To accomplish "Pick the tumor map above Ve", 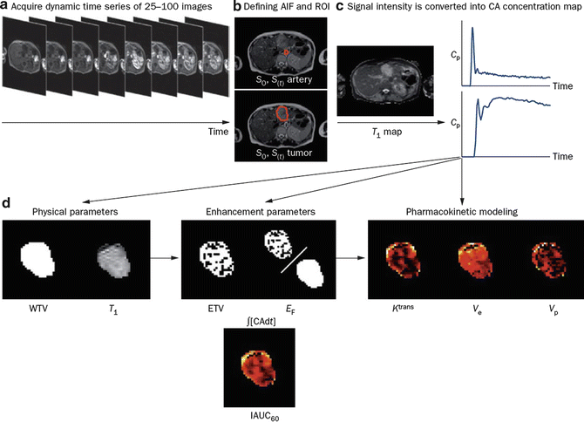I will pyautogui.click(x=476, y=259).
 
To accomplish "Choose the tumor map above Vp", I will pyautogui.click(x=546, y=259).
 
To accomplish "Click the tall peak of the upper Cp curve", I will pyautogui.click(x=472, y=31).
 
